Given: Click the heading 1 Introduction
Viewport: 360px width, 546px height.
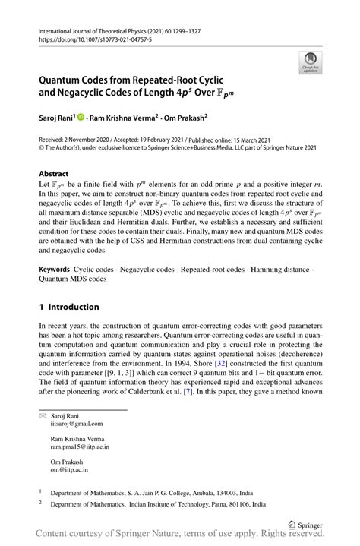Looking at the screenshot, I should click(69, 307).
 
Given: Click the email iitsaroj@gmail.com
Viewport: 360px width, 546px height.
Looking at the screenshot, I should click(77, 424).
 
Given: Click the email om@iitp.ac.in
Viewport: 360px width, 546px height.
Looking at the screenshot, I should click(69, 471).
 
